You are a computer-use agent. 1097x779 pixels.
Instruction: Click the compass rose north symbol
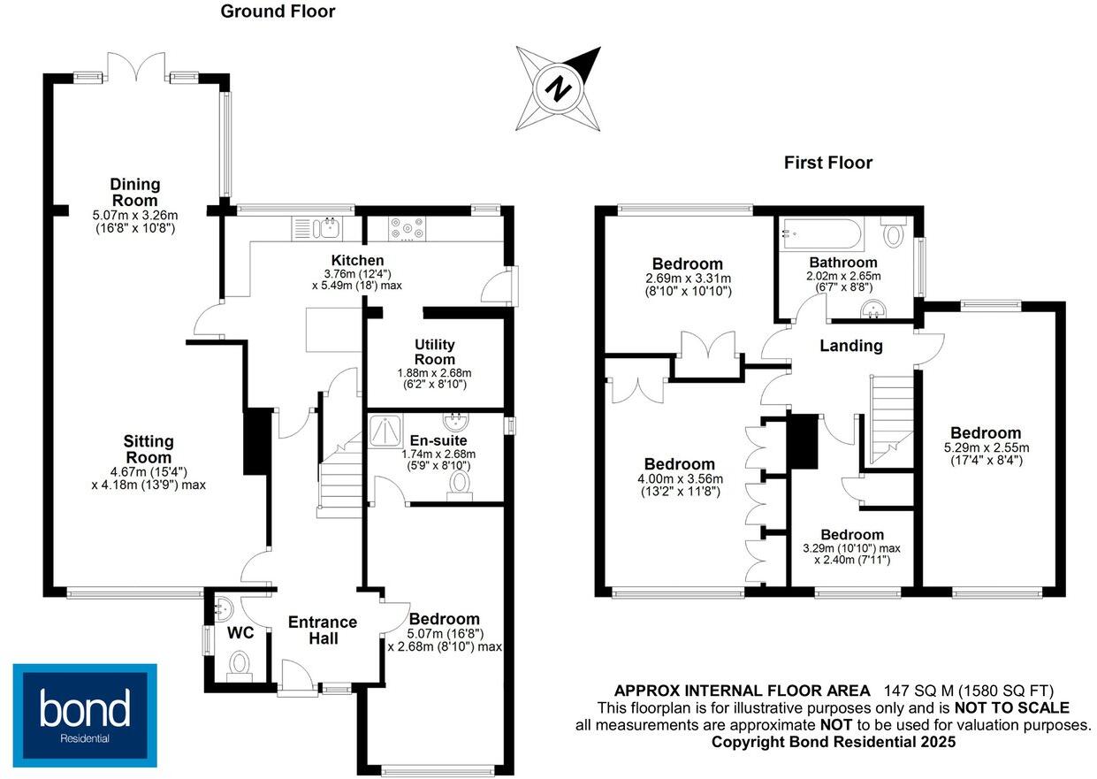[558, 88]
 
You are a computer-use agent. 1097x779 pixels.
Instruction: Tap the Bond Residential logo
[85, 714]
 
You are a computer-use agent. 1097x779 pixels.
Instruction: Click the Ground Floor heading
[278, 11]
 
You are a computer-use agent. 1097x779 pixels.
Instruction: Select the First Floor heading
[827, 163]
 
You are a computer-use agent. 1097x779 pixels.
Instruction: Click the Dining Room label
[135, 192]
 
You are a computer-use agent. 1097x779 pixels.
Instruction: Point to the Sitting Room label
[149, 449]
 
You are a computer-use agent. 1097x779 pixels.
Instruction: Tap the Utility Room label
[434, 352]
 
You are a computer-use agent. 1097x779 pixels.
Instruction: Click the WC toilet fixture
[240, 663]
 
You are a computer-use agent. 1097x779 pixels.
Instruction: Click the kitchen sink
[328, 228]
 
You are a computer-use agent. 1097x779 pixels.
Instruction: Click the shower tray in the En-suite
[385, 430]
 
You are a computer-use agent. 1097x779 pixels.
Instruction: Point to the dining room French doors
[135, 69]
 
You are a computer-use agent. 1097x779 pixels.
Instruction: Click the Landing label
[850, 346]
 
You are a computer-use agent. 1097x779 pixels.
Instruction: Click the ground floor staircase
[339, 474]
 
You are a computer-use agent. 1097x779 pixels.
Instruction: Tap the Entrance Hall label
[323, 630]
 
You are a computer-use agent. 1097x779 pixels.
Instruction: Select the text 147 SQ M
[909, 691]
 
